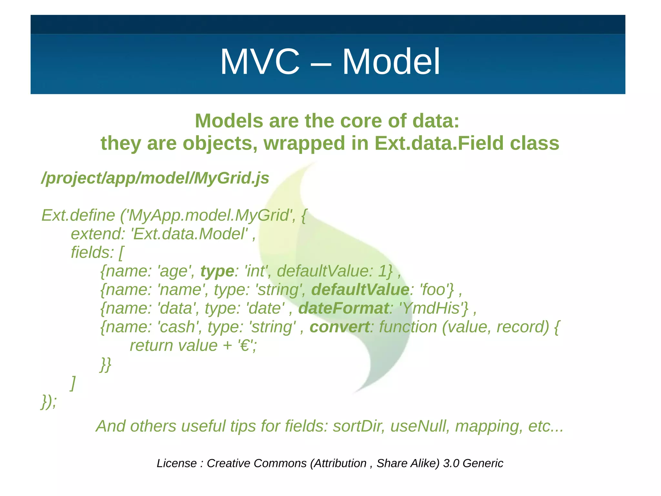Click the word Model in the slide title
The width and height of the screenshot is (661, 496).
pyautogui.click(x=391, y=62)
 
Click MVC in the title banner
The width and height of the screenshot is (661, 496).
pyautogui.click(x=260, y=62)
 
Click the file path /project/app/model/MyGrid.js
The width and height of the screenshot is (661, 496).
pyautogui.click(x=155, y=178)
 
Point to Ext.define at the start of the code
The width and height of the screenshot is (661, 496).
pyautogui.click(x=78, y=216)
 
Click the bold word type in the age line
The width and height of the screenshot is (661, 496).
pyautogui.click(x=217, y=271)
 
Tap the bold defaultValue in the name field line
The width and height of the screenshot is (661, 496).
pyautogui.click(x=360, y=290)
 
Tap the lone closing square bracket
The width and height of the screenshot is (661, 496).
pyautogui.click(x=73, y=383)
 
